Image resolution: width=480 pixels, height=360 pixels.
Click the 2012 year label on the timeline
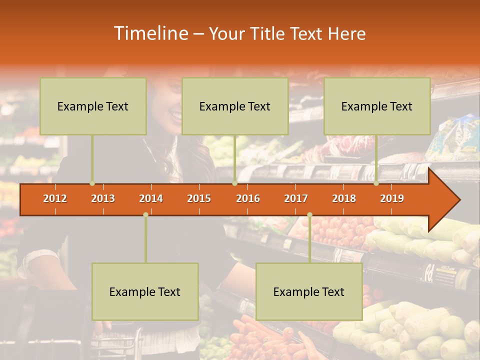click(x=55, y=198)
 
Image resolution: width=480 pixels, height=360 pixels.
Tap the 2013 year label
click(x=103, y=198)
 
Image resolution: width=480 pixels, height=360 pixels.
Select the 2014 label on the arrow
click(x=151, y=198)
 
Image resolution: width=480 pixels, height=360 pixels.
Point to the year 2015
click(x=199, y=198)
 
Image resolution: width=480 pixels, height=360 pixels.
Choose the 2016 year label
click(x=248, y=198)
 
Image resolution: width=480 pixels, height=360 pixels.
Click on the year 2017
click(x=296, y=198)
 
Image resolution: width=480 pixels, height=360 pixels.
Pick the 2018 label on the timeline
click(x=344, y=198)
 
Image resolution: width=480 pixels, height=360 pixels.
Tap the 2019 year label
click(x=392, y=198)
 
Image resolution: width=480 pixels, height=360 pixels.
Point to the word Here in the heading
click(x=346, y=33)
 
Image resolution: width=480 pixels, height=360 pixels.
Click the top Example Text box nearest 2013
click(x=93, y=106)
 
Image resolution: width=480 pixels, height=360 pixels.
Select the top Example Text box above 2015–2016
click(x=235, y=106)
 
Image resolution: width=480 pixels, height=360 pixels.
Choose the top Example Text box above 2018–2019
click(x=377, y=106)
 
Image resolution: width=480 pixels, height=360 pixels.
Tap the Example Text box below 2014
click(x=145, y=291)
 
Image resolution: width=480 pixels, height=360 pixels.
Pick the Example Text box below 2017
click(x=309, y=291)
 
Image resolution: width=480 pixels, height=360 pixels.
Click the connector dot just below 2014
click(x=145, y=214)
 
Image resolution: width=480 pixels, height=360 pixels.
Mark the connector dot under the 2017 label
click(x=309, y=214)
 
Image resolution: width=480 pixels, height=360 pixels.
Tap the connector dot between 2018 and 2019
click(x=376, y=183)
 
